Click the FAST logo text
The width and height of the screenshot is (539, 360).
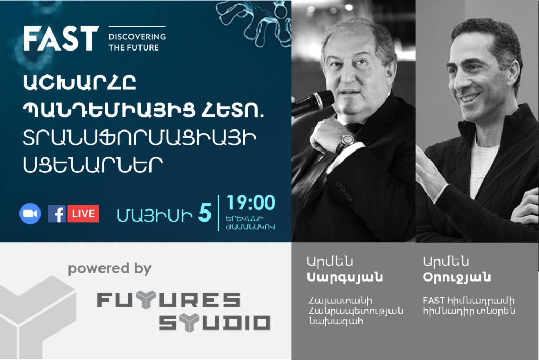61,38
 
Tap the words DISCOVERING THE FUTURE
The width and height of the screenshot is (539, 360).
137,42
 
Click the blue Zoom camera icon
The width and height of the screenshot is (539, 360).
30,214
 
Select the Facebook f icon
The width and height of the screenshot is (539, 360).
57,214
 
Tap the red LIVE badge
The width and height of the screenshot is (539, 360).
83,214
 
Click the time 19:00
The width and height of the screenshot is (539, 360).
251,203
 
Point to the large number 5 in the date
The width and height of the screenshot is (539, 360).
205,213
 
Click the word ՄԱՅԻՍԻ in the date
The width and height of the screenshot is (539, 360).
155,216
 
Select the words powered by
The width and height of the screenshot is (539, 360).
109,268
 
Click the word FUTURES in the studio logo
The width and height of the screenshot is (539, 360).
169,300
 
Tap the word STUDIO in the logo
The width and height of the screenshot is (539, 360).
215,323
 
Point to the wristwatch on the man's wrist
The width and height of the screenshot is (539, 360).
345,142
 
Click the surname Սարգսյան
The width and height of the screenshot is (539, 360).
345,277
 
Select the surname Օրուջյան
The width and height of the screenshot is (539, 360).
456,277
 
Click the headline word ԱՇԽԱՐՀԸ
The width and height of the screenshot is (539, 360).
80,83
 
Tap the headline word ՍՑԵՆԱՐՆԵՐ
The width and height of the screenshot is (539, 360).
93,165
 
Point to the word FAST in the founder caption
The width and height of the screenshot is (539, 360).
434,301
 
